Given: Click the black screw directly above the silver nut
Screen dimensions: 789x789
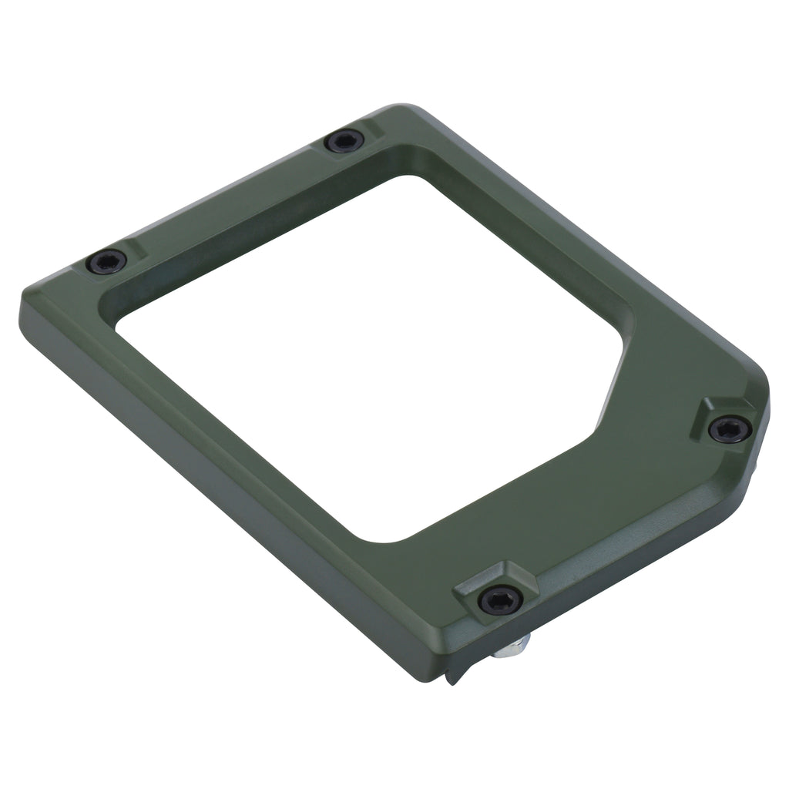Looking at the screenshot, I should coord(500,599).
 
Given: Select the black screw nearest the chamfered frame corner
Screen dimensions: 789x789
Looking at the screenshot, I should coord(729,428).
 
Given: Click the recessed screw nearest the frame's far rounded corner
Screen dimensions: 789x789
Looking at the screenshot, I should coord(344,141).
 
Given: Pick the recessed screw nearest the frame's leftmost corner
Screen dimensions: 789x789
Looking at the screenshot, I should coord(106,262).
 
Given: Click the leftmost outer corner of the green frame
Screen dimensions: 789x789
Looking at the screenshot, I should coord(23,305).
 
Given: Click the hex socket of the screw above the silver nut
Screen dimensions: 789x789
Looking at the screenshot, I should coord(500,599).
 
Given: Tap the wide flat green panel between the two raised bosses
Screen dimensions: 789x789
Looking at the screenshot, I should coord(616,501).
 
